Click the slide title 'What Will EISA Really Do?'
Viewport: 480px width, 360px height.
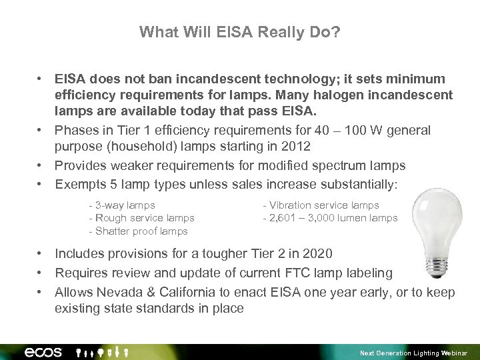click(240, 32)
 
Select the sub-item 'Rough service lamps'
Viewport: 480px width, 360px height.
click(141, 218)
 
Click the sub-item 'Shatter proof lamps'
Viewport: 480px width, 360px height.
click(138, 231)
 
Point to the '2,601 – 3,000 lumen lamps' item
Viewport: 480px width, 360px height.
click(331, 218)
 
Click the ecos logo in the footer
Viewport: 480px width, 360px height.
click(43, 352)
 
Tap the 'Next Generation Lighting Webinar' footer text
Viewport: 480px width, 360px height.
click(413, 353)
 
